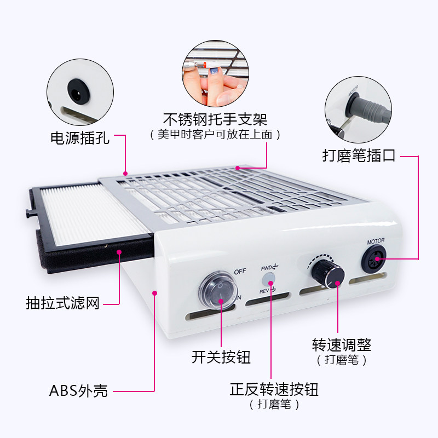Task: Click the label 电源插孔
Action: click(80, 137)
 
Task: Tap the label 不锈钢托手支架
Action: click(215, 119)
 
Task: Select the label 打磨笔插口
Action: click(359, 156)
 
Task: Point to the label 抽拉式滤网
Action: click(63, 302)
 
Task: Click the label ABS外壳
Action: click(78, 391)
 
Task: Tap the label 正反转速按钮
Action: click(274, 390)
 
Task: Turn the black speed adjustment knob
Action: click(327, 272)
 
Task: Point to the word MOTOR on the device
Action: click(376, 240)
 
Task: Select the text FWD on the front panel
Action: click(267, 267)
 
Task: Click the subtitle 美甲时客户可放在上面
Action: click(215, 135)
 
